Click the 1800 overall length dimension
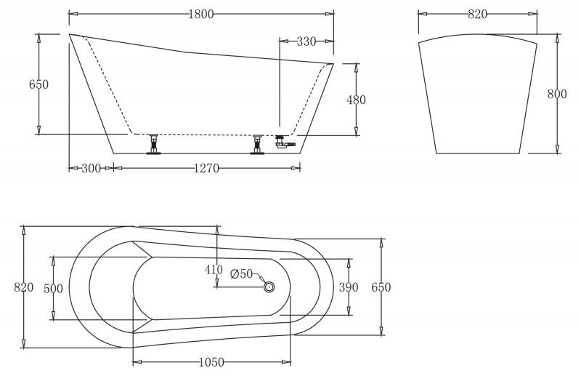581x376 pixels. [x=201, y=14]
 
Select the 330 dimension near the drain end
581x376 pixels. [x=306, y=41]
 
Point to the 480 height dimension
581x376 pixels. [x=356, y=100]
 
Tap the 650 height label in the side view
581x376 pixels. [x=38, y=84]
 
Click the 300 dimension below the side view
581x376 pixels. [x=91, y=168]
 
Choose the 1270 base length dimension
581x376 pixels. [x=206, y=168]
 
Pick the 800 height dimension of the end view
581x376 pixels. [x=557, y=94]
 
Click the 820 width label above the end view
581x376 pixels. [x=477, y=14]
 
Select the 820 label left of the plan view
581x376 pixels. [x=23, y=287]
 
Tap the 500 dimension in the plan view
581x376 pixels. [x=53, y=288]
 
